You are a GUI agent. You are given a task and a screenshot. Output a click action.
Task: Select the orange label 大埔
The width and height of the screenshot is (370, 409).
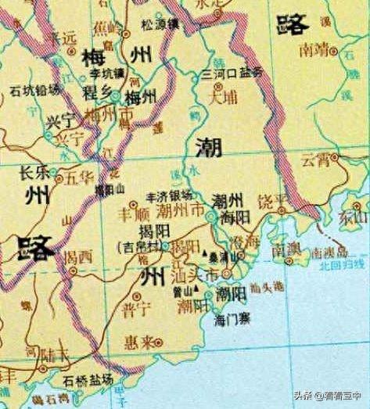[224, 97]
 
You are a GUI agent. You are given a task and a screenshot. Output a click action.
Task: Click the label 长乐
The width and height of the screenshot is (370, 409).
[34, 177]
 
